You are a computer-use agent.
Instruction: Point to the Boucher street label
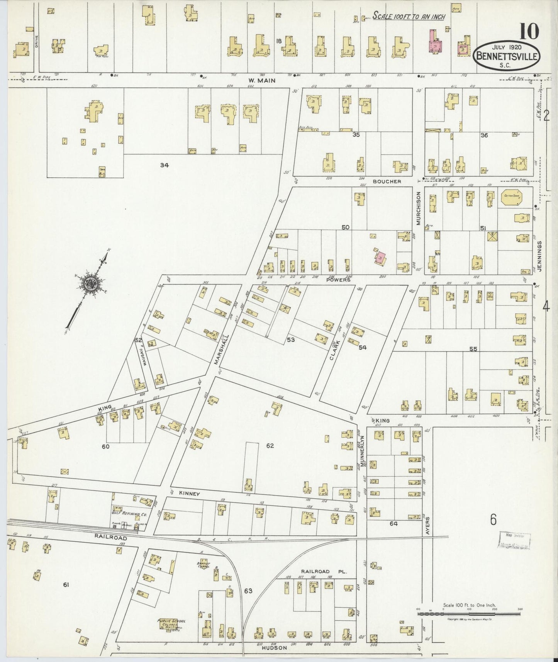pyautogui.click(x=387, y=182)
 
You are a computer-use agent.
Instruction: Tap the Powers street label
pyautogui.click(x=338, y=280)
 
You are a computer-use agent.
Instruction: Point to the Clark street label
pyautogui.click(x=334, y=350)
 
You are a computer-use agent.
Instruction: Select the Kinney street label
pyautogui.click(x=188, y=494)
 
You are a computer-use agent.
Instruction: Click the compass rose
pyautogui.click(x=92, y=284)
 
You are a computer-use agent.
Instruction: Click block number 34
pyautogui.click(x=165, y=165)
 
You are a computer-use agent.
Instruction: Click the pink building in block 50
pyautogui.click(x=380, y=256)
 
